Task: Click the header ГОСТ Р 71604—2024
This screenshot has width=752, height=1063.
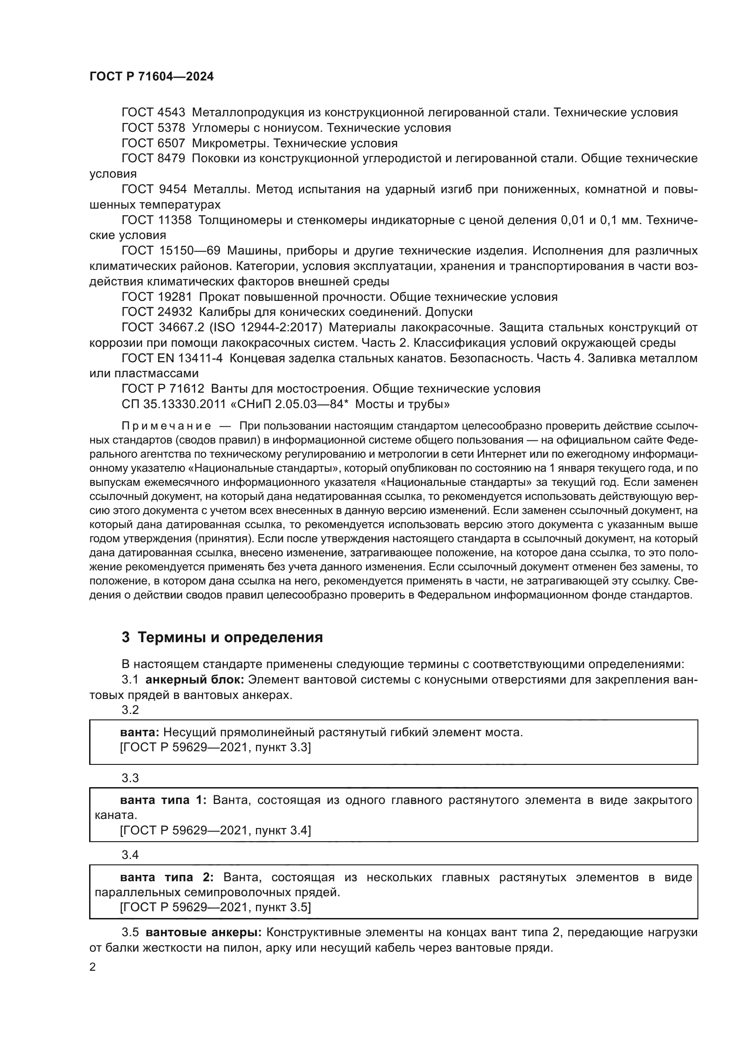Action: point(151,77)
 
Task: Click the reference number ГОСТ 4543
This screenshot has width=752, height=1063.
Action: point(153,113)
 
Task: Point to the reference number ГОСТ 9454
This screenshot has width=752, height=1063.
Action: point(154,190)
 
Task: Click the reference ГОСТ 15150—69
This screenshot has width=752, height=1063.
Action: point(171,251)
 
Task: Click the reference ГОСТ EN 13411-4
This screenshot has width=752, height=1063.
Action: point(172,358)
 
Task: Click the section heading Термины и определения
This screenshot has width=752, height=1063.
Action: point(230,638)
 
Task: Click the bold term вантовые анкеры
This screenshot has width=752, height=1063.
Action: point(204,932)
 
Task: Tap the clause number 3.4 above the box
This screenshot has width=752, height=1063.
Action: point(130,855)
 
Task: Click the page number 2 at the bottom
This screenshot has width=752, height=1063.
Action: point(93,968)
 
